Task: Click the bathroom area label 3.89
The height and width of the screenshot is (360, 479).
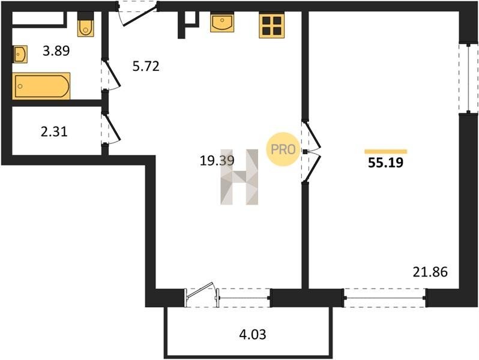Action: [56, 50]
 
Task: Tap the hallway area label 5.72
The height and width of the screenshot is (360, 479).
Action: [146, 66]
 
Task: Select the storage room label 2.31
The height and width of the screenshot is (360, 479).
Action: [54, 132]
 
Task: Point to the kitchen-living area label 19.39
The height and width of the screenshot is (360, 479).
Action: [217, 161]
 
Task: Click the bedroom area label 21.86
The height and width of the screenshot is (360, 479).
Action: [430, 272]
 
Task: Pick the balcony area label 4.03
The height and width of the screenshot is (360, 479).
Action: [253, 335]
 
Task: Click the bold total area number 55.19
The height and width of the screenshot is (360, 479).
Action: [386, 163]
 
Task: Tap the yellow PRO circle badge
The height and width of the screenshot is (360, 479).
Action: [283, 149]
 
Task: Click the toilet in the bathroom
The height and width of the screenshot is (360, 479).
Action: [85, 25]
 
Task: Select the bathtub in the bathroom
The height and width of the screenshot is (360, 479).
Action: [41, 86]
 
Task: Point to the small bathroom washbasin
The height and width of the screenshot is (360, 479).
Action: [20, 55]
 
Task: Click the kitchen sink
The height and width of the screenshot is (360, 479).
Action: [222, 22]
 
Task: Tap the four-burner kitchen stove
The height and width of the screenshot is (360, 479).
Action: [271, 26]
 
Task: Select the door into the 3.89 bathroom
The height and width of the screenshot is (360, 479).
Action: [112, 75]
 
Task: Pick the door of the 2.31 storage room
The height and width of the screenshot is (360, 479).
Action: [112, 128]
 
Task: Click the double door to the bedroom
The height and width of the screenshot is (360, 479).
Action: [311, 151]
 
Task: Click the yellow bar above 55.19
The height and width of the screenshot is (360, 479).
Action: [386, 151]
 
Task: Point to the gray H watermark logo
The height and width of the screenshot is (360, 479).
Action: [239, 177]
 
